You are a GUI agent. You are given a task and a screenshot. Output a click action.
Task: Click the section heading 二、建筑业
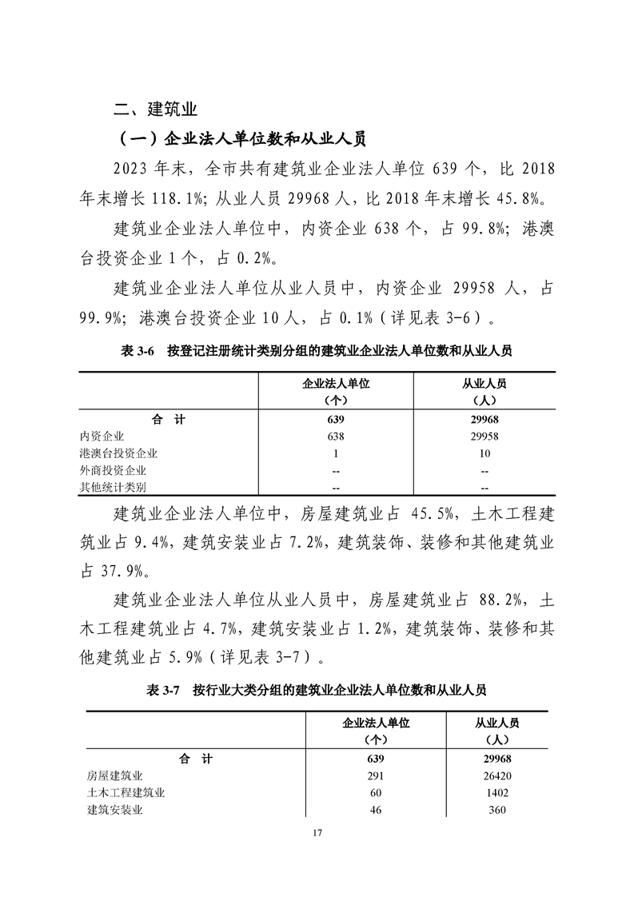pos(156,108)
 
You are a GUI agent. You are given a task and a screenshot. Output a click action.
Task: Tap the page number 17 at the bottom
pos(317,834)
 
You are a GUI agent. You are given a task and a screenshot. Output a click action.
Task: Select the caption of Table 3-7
pos(317,689)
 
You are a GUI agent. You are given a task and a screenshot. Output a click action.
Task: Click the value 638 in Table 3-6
pos(336,436)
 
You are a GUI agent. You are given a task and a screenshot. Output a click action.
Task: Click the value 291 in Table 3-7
pos(376,775)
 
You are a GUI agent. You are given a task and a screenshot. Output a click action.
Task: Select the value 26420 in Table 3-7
pos(496,775)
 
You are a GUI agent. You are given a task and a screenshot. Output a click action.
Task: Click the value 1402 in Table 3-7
pos(496,793)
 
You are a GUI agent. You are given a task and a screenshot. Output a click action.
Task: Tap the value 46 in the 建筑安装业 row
pos(376,810)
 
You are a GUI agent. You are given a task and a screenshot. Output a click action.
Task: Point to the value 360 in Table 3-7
pos(496,810)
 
